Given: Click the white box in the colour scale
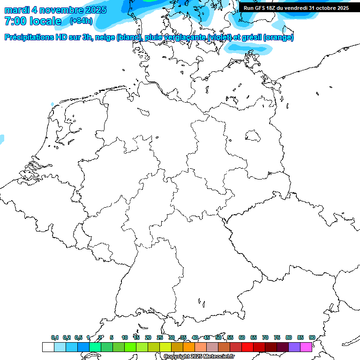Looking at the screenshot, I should [48, 347].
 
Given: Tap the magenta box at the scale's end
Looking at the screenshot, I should [306, 347].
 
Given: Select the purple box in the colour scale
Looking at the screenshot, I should [294, 347].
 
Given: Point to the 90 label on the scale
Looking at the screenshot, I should [312, 337].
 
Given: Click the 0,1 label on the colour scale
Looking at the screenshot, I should [55, 337].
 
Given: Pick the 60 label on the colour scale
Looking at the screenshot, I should [242, 337].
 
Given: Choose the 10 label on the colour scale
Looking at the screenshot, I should [125, 337].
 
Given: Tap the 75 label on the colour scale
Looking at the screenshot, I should [277, 337].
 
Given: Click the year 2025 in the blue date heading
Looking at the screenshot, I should [94, 10].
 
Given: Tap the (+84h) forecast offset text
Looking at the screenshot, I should [81, 21].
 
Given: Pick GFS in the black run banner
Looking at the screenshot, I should [260, 8].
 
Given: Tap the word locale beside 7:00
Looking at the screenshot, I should [45, 21].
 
